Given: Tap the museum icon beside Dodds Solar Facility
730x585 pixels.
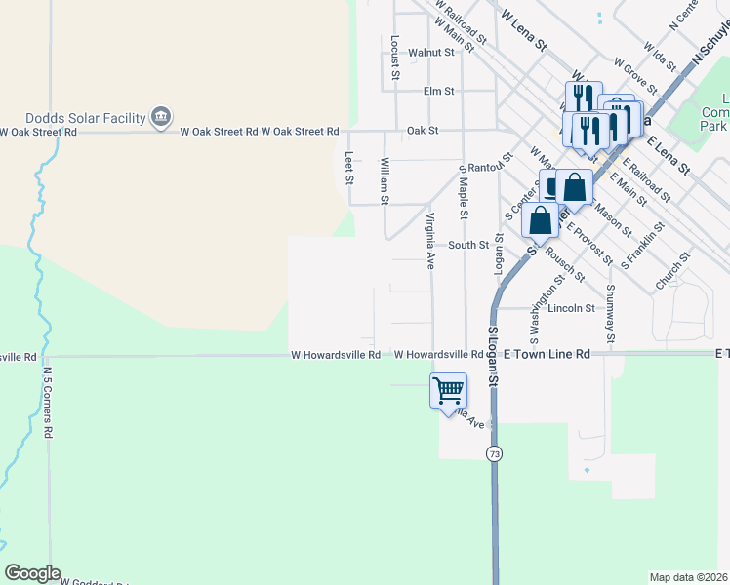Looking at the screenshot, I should (160, 117).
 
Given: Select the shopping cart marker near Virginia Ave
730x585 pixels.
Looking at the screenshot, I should (448, 390).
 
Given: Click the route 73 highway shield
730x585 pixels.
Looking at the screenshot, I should (495, 454).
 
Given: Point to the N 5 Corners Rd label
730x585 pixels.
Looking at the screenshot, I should (47, 401).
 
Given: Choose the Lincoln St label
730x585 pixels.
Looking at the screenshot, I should (571, 308).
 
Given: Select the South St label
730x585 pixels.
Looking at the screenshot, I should (467, 245).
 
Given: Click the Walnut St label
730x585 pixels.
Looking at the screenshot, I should (431, 53).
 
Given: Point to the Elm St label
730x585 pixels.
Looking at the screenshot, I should (438, 91).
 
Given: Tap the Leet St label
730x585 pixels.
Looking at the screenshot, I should (348, 166).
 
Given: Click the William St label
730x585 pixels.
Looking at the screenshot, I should (385, 181).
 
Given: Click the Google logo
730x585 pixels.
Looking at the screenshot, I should (32, 573).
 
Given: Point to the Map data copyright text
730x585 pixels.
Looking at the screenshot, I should (689, 577).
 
